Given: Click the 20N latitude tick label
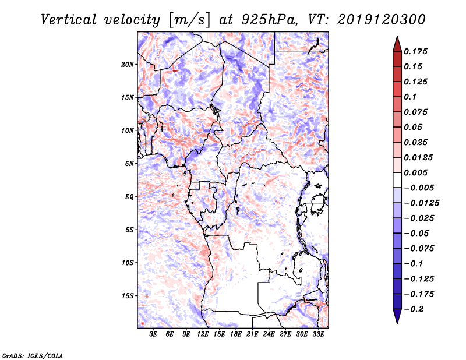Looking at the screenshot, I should (128, 64).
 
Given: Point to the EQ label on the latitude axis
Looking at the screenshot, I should (129, 197).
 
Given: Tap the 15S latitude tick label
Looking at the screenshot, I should (128, 296).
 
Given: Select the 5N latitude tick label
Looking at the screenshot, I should (130, 164).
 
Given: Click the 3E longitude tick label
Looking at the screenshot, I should (153, 335).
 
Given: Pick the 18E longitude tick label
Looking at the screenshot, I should (236, 335).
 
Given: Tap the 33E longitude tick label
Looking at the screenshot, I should (319, 335).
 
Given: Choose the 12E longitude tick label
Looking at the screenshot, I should (203, 335).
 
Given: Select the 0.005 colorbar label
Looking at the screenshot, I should (417, 172).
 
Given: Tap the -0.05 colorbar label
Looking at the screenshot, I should (419, 233).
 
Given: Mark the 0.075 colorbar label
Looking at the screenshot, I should (417, 112).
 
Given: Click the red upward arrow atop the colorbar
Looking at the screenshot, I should (397, 42).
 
